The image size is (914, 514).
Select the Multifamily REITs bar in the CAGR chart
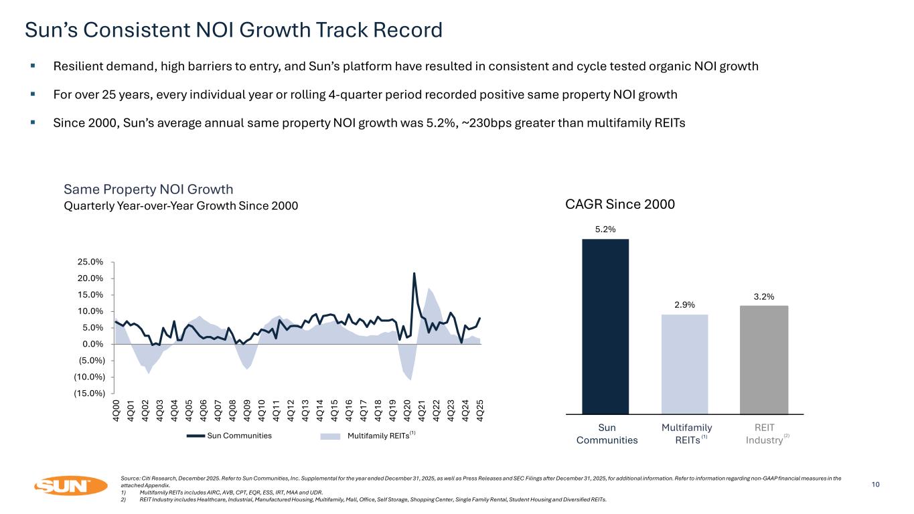pos(684,365)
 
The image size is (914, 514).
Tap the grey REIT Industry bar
pos(764,360)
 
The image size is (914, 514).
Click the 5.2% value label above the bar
pos(605,229)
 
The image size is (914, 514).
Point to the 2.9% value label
pos(684,305)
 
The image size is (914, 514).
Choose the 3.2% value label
pos(764,296)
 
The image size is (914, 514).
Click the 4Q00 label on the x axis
pos(117,409)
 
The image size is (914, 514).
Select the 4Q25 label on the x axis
pos(480,409)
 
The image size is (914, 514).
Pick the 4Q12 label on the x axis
pos(291,409)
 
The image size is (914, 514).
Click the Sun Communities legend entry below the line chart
pos(229,436)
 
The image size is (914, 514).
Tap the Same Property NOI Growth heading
pos(148,189)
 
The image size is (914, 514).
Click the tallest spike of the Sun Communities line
pos(414,273)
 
